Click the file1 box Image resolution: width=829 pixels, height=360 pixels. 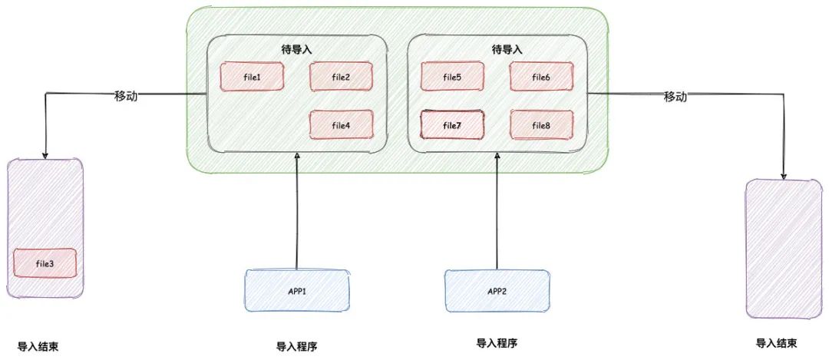click(x=252, y=76)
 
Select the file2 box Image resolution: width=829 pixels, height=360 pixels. click(x=342, y=76)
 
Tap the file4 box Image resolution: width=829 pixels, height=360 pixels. click(x=342, y=124)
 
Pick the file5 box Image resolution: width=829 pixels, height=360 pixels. click(x=453, y=76)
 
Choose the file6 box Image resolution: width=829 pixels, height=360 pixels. click(x=541, y=76)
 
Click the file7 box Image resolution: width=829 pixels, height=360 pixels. click(x=453, y=124)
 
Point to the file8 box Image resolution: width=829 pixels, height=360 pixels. click(x=541, y=124)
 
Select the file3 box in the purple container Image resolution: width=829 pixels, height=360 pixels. click(x=45, y=263)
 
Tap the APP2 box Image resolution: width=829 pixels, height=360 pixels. click(x=497, y=290)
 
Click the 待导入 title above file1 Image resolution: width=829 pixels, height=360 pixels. click(x=296, y=49)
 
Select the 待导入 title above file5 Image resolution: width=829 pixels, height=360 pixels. click(x=507, y=49)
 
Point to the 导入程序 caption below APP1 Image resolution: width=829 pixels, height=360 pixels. click(x=296, y=346)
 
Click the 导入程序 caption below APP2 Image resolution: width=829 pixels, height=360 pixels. click(x=497, y=342)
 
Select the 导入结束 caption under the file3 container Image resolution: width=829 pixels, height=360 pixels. click(x=38, y=346)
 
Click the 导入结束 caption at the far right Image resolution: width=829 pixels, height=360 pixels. click(x=776, y=343)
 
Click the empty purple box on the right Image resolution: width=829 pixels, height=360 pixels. click(x=778, y=248)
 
